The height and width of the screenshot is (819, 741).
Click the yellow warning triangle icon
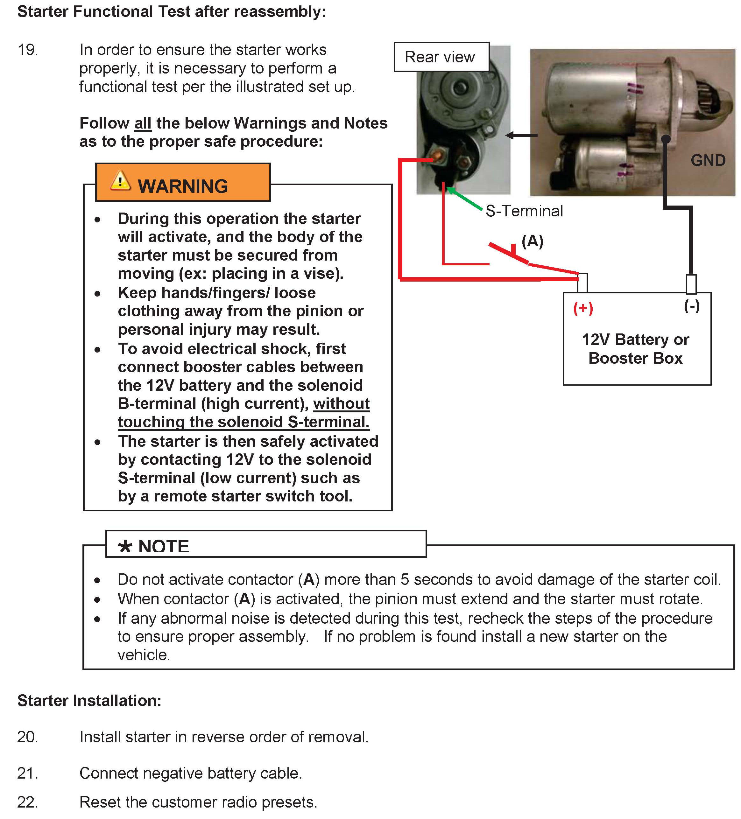click(120, 181)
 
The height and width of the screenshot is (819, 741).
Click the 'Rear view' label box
click(441, 57)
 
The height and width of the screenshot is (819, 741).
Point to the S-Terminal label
click(524, 211)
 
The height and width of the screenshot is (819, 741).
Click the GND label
click(708, 160)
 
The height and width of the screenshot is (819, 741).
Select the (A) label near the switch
click(532, 241)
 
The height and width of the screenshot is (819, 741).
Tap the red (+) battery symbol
click(583, 308)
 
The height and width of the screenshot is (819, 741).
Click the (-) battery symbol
click(691, 305)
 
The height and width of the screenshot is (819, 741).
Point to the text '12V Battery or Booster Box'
click(635, 348)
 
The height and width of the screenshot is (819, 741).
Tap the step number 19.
click(28, 50)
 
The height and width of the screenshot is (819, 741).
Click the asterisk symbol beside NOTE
click(125, 546)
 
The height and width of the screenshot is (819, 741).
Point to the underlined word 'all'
click(143, 123)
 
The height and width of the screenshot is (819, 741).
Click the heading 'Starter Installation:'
click(89, 700)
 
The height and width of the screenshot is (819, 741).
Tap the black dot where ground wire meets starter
click(665, 139)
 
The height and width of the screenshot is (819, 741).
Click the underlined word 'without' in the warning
click(341, 404)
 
